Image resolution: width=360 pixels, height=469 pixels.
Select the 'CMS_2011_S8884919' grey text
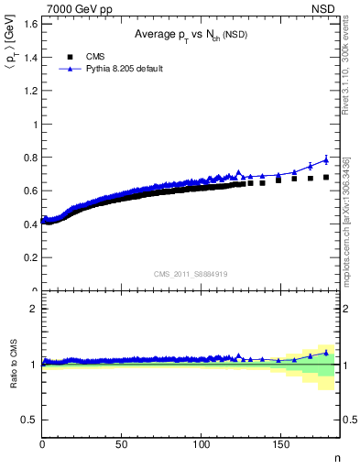pos(191,273)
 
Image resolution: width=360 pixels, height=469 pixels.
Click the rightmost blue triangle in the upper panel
pos(326,159)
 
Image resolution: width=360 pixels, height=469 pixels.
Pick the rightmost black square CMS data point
pos(326,178)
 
